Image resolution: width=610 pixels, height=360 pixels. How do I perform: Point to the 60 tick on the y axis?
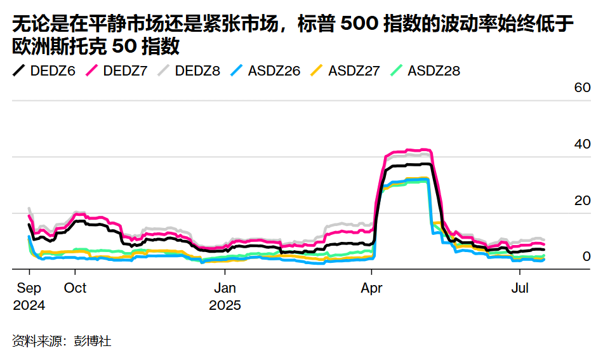pos(582,88)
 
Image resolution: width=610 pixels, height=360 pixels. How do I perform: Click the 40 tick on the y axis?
pos(582,144)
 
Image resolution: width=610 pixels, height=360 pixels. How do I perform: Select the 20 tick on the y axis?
pos(582,201)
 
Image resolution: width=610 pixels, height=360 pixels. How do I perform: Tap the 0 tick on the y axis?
pos(587,257)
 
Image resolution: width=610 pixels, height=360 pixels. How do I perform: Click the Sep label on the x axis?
pos(29,288)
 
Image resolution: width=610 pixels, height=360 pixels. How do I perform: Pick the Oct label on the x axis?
pos(76,288)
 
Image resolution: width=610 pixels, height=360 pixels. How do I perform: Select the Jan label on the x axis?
pos(225,288)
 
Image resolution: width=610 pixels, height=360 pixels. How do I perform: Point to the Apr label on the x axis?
pos(372,288)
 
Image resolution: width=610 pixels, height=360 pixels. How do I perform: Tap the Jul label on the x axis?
pos(520,288)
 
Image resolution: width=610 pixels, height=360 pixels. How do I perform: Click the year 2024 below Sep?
pos(29,305)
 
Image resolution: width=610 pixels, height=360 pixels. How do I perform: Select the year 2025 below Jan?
pos(225,305)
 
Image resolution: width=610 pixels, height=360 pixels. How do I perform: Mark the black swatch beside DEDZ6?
pos(18,70)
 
